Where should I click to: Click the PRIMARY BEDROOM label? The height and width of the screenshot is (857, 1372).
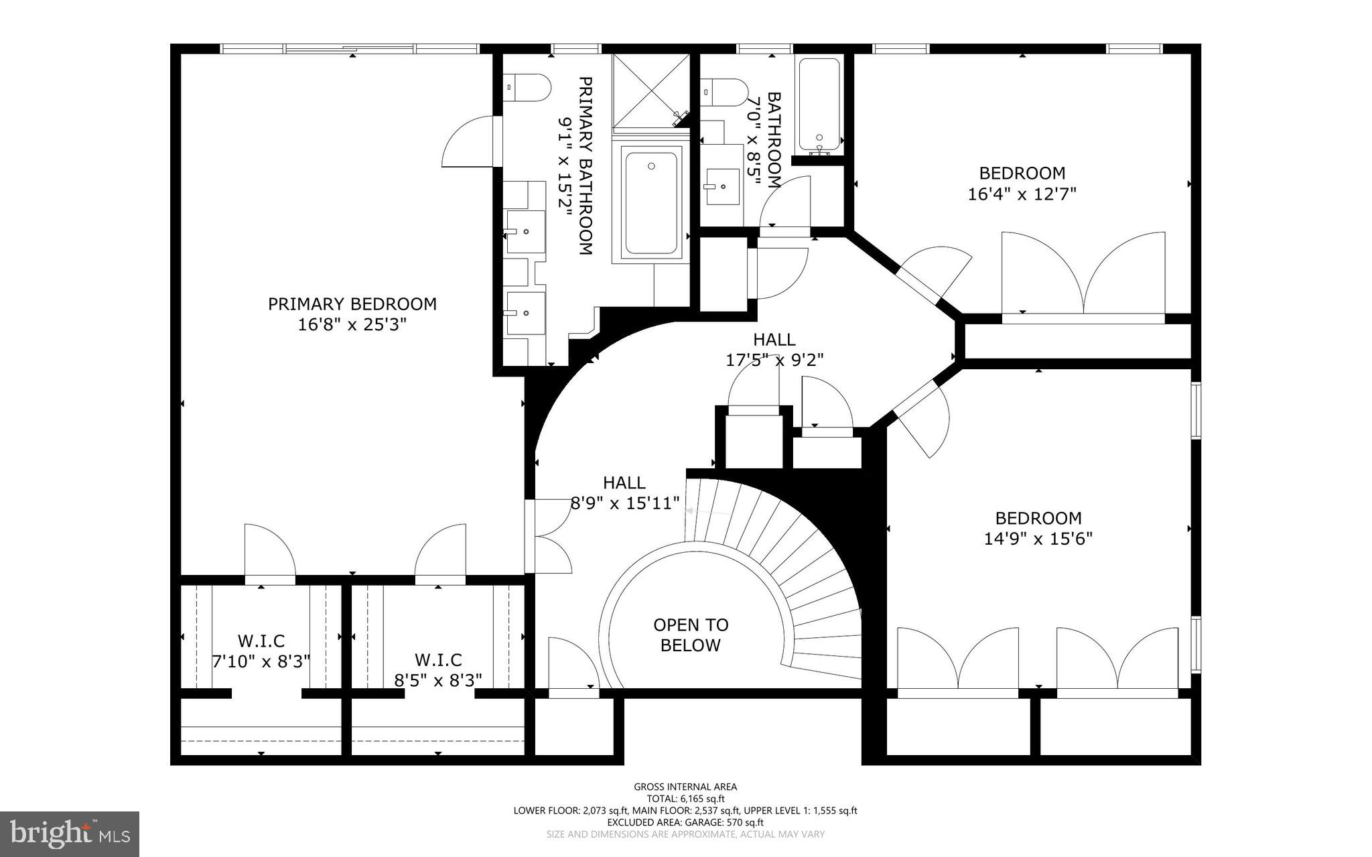[352, 304]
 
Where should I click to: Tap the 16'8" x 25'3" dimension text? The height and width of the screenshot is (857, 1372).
[352, 325]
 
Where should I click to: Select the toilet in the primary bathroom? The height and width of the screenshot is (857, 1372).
[528, 88]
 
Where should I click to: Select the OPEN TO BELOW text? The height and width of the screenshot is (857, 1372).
[691, 635]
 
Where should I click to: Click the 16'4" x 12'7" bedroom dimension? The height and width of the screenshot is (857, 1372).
[1022, 194]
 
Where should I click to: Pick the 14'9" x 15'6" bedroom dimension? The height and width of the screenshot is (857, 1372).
[1038, 539]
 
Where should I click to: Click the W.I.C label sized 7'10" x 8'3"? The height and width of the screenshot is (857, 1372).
[261, 641]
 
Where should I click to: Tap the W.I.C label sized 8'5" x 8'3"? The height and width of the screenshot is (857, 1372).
[438, 660]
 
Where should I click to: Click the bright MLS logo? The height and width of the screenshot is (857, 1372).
[70, 834]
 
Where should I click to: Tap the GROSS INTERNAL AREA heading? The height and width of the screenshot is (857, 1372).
[685, 787]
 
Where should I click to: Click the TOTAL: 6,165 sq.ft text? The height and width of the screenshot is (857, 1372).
[685, 799]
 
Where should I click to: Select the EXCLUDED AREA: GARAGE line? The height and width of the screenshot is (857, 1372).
[685, 822]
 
